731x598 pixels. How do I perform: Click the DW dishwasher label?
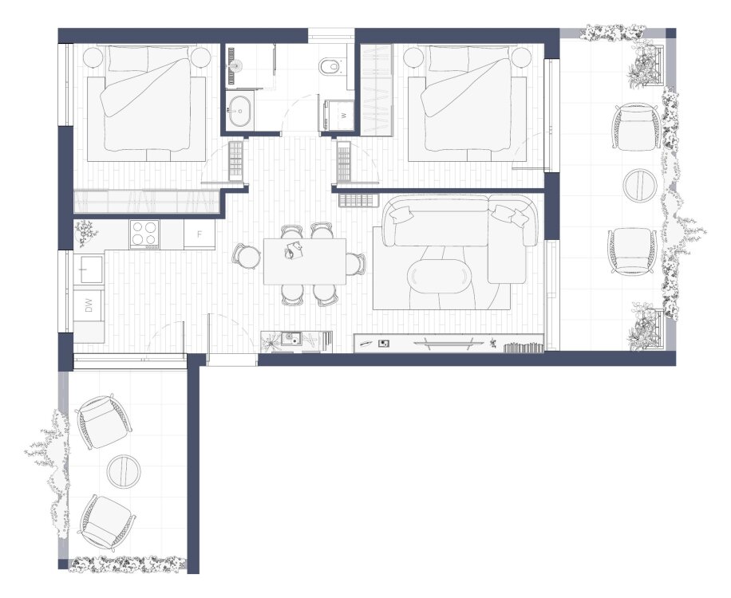(x=89, y=305)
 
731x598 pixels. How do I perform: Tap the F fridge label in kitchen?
(x=200, y=234)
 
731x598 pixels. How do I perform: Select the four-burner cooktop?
(x=144, y=234)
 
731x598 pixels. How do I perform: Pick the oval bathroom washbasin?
(x=240, y=111)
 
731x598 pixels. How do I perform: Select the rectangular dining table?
(x=305, y=262)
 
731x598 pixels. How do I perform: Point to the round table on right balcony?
(x=640, y=184)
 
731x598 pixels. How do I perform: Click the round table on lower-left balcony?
(x=124, y=471)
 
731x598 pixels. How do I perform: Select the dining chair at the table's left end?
(x=247, y=256)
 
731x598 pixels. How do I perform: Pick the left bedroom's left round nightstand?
(x=93, y=58)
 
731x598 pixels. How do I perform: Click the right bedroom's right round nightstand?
(x=522, y=58)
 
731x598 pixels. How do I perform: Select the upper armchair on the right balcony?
(x=636, y=127)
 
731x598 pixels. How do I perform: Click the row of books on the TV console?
(x=524, y=348)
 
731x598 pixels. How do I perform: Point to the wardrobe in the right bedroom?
(x=376, y=90)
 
